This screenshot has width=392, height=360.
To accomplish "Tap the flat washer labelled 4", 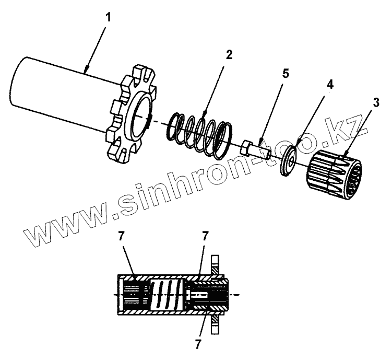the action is click(x=288, y=161).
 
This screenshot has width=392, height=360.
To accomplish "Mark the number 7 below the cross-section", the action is click(x=198, y=344).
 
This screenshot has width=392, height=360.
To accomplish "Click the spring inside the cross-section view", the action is click(x=167, y=295).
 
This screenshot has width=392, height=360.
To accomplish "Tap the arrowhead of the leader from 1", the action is click(x=86, y=69).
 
